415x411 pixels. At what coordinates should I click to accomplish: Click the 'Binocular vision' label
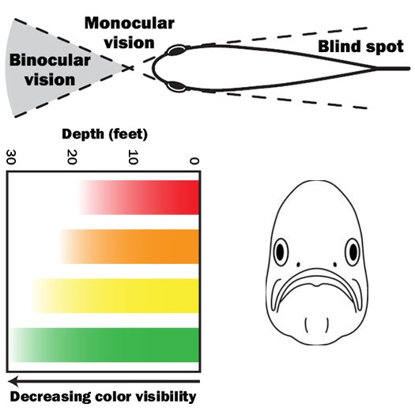coord(50,70)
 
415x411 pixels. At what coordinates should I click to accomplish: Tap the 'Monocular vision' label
coord(130,33)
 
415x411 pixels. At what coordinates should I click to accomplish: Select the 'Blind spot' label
coord(360,47)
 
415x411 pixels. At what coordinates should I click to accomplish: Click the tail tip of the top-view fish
coord(409,69)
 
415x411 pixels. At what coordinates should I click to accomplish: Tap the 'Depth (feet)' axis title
coord(104,134)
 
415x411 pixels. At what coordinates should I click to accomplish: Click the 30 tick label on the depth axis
coord(11,157)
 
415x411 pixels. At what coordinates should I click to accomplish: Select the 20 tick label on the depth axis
coord(72,157)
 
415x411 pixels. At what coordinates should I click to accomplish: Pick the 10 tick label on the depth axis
coord(133,157)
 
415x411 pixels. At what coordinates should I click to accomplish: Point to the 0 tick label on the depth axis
coord(194,161)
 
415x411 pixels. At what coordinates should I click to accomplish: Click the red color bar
coord(139,198)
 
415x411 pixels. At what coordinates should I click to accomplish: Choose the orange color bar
coord(130,247)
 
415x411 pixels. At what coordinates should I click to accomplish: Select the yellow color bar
coord(116,296)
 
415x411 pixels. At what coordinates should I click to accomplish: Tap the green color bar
coord(105,345)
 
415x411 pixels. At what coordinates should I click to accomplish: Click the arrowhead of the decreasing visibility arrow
coord(13,381)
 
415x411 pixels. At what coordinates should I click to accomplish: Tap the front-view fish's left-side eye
coord(281,251)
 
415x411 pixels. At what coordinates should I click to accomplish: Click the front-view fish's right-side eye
coord(353,251)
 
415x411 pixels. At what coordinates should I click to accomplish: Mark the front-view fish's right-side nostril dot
coord(335,265)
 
